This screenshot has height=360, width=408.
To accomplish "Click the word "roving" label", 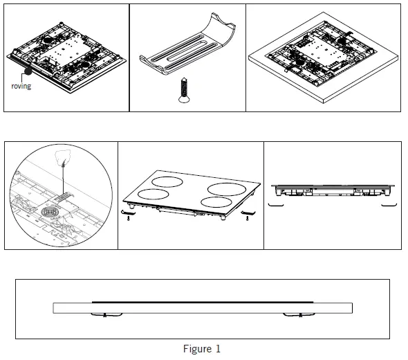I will [x=21, y=87].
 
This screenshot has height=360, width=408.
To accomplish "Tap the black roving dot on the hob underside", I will [x=27, y=71].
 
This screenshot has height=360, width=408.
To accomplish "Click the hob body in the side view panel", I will [x=332, y=190].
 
